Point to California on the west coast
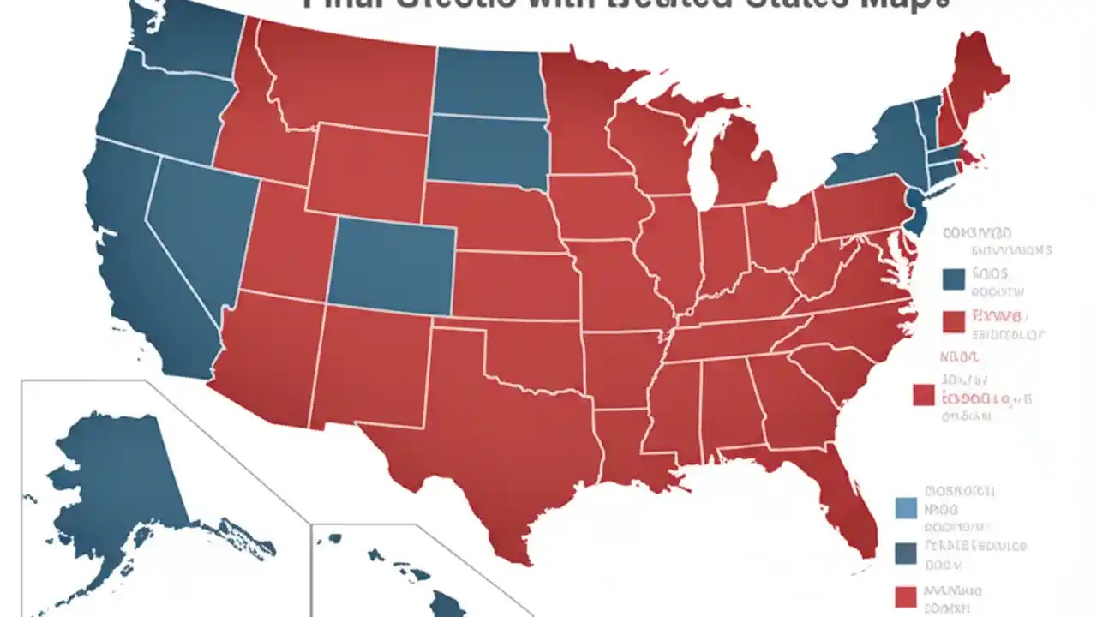click(x=146, y=274)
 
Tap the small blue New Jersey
click(x=916, y=214)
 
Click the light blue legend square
click(x=905, y=508)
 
